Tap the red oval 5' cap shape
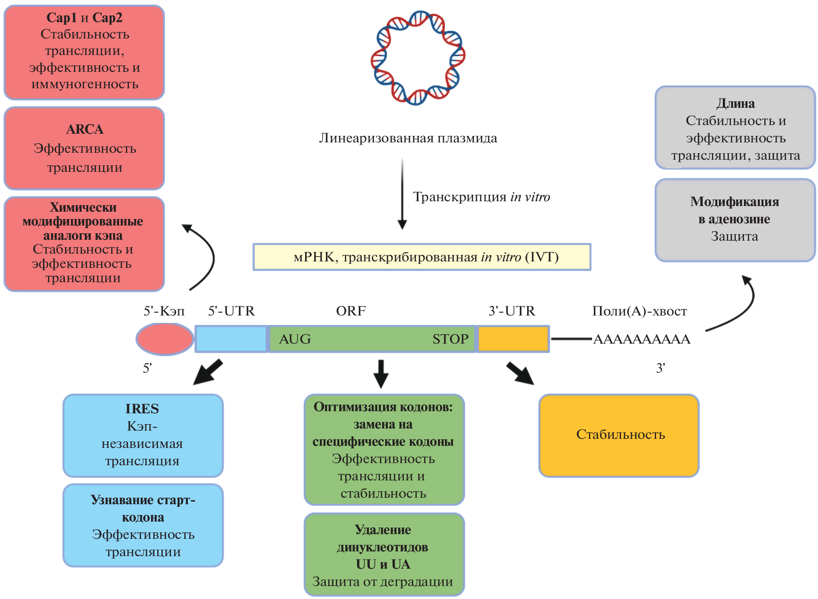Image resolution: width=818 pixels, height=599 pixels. click(164, 339)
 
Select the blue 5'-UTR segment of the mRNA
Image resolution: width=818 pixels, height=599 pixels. click(231, 339)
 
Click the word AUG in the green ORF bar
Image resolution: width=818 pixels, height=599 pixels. click(295, 339)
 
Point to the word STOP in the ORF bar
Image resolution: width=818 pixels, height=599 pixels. click(450, 339)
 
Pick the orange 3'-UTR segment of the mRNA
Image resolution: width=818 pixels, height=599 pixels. click(513, 339)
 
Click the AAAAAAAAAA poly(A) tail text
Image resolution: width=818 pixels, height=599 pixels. click(641, 339)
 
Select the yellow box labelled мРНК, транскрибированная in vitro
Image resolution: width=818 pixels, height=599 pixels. click(422, 257)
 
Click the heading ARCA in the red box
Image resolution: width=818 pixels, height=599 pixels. click(85, 129)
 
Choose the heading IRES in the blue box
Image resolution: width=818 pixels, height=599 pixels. click(142, 409)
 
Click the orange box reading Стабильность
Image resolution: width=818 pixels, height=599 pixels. click(619, 435)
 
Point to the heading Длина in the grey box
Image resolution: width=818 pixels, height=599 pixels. click(735, 103)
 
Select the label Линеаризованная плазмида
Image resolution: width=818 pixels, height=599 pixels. click(408, 138)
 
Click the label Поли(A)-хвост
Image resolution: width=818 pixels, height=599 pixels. click(639, 311)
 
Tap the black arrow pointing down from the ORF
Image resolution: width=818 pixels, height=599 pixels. click(381, 374)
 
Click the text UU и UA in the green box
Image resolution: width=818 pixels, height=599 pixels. click(383, 564)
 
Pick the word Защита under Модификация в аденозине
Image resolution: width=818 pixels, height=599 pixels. click(734, 236)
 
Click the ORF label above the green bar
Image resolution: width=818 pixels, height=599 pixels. click(351, 311)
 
